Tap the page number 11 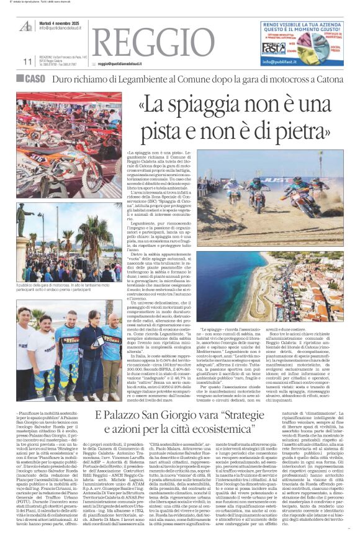(26, 62)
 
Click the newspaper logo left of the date (27, 24)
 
